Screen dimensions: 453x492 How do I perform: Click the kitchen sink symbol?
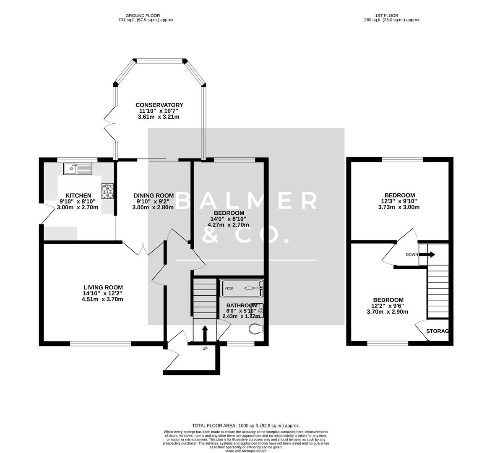pyautogui.click(x=78, y=169)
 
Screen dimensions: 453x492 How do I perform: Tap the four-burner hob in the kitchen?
pyautogui.click(x=107, y=191)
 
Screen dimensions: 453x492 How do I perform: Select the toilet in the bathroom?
pyautogui.click(x=255, y=329)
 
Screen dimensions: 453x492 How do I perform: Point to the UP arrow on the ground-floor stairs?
pyautogui.click(x=205, y=334)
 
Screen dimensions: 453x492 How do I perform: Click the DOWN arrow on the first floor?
pyautogui.click(x=430, y=255)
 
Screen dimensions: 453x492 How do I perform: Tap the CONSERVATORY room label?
pyautogui.click(x=159, y=105)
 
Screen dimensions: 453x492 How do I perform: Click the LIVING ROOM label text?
pyautogui.click(x=102, y=287)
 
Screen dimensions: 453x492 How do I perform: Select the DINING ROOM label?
pyautogui.click(x=154, y=195)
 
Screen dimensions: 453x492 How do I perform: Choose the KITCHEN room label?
pyautogui.click(x=78, y=195)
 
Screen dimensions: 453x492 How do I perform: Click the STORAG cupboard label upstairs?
pyautogui.click(x=437, y=331)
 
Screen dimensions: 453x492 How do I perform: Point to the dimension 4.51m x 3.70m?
pyautogui.click(x=102, y=299)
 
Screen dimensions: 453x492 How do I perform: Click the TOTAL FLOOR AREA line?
pyautogui.click(x=246, y=425)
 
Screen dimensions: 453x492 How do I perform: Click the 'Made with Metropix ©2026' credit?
pyautogui.click(x=246, y=451)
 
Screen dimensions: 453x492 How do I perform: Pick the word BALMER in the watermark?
pyautogui.click(x=246, y=201)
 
